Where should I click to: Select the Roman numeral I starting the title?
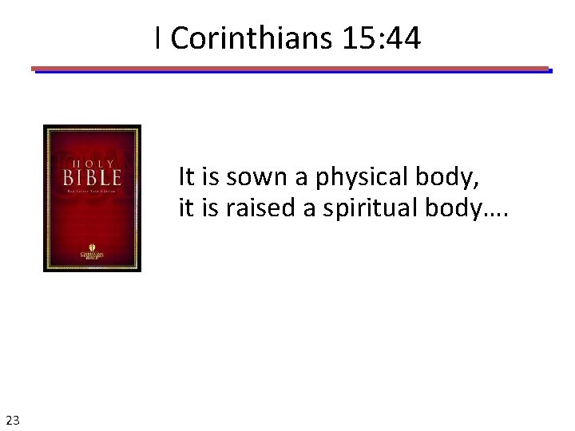(159, 38)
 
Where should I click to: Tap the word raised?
(257, 208)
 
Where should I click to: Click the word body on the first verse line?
(448, 177)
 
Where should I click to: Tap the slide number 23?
(13, 419)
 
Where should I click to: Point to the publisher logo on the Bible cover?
(92, 253)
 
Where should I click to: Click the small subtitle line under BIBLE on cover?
(92, 193)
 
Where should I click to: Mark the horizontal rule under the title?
(291, 69)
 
